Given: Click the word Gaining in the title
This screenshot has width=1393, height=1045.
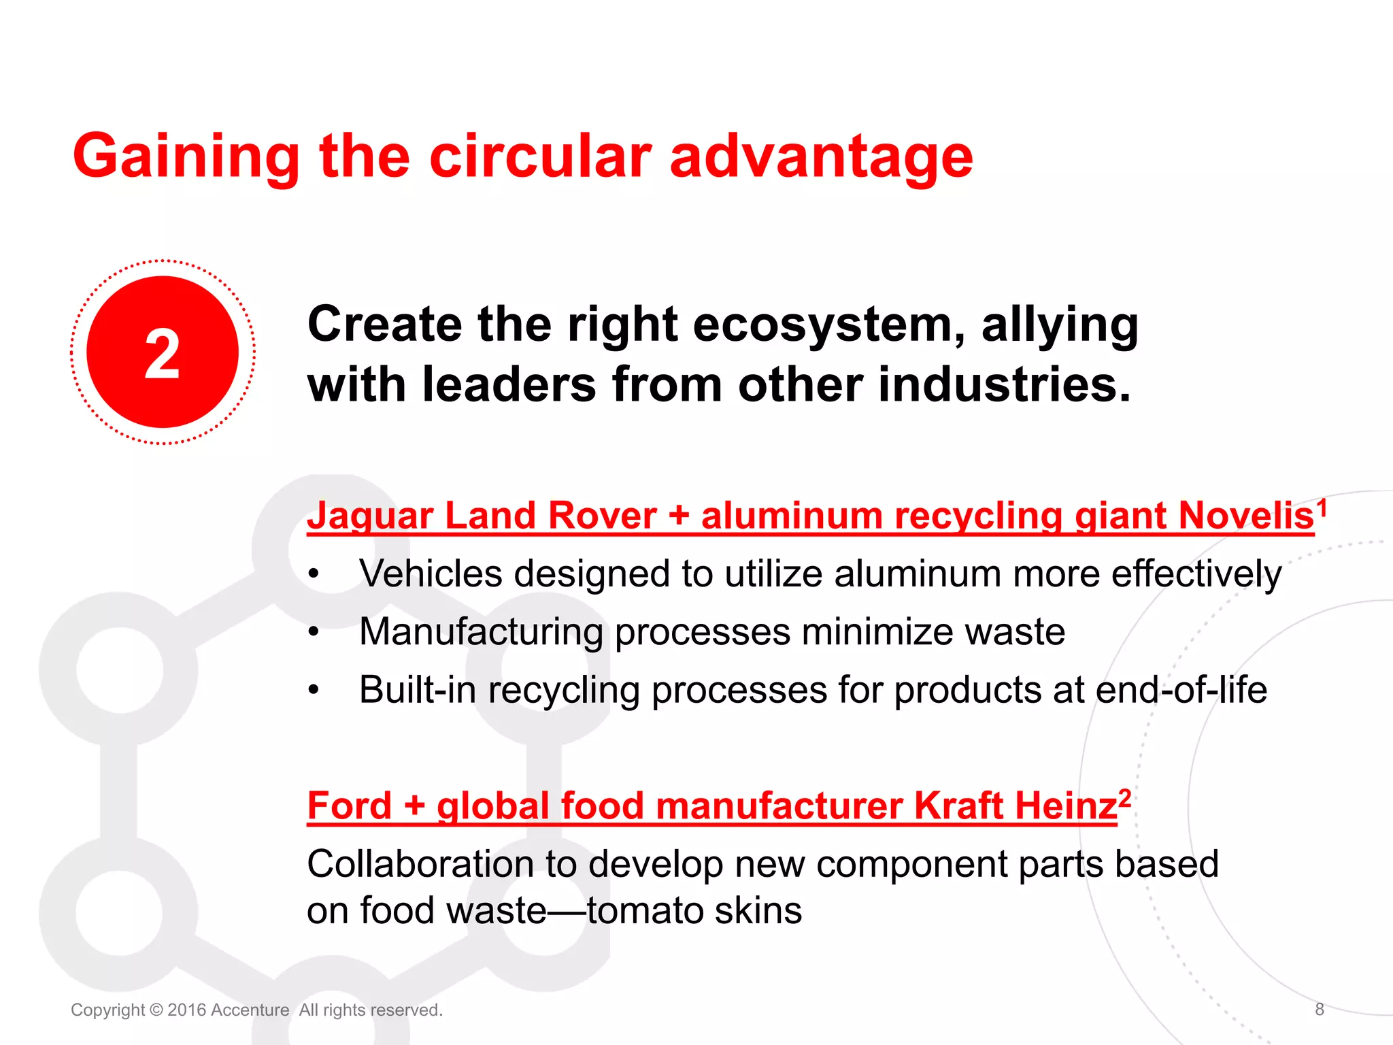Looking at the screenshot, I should tap(186, 158).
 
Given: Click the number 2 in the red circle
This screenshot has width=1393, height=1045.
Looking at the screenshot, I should tap(163, 353).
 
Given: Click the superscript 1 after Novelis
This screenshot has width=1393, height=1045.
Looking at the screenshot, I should tap(1322, 508).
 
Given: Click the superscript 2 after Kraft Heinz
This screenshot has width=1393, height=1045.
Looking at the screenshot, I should tap(1125, 797).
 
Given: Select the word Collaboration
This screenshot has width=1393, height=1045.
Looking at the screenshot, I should tap(420, 864).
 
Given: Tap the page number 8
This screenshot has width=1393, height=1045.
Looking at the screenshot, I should tap(1320, 1010).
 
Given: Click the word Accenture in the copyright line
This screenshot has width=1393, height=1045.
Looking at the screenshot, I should tap(250, 1010).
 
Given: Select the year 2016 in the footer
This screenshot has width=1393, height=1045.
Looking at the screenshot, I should tap(186, 1010).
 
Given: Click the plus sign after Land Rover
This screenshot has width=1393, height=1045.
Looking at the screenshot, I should tap(678, 516).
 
